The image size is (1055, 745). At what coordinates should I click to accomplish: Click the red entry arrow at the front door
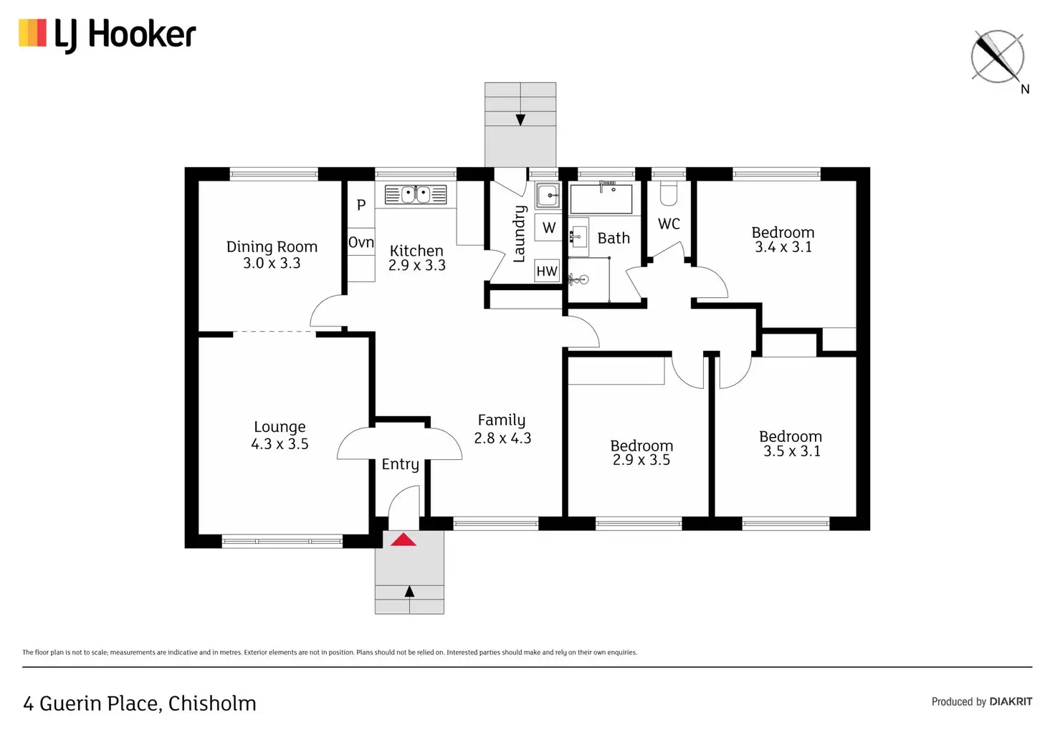pyautogui.click(x=404, y=539)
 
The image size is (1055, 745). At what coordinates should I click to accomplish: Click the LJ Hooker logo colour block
pyautogui.click(x=32, y=33)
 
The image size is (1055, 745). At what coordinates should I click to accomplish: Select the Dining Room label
pyautogui.click(x=272, y=246)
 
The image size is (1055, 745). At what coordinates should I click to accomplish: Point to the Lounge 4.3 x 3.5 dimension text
pyautogui.click(x=280, y=444)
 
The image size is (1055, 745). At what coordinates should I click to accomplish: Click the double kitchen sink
pyautogui.click(x=416, y=194)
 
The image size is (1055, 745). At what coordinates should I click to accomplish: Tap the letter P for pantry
pyautogui.click(x=361, y=205)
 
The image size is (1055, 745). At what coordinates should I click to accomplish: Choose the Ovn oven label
pyautogui.click(x=361, y=242)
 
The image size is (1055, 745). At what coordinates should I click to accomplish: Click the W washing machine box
pyautogui.click(x=548, y=228)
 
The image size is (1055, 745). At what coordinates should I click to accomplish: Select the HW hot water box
pyautogui.click(x=547, y=271)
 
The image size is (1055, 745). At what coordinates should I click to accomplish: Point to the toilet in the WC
pyautogui.click(x=668, y=193)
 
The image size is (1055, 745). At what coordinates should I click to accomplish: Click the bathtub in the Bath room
pyautogui.click(x=601, y=199)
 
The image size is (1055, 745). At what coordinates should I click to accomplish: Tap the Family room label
pyautogui.click(x=502, y=420)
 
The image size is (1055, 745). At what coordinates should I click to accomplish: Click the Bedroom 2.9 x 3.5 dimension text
pyautogui.click(x=641, y=460)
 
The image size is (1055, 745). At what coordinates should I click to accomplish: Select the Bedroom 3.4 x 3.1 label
pyautogui.click(x=783, y=239)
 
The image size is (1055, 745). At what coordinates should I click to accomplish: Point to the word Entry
pyautogui.click(x=401, y=464)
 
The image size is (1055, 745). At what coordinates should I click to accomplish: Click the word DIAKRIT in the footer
pyautogui.click(x=1011, y=702)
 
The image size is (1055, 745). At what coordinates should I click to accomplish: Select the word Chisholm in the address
pyautogui.click(x=212, y=703)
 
